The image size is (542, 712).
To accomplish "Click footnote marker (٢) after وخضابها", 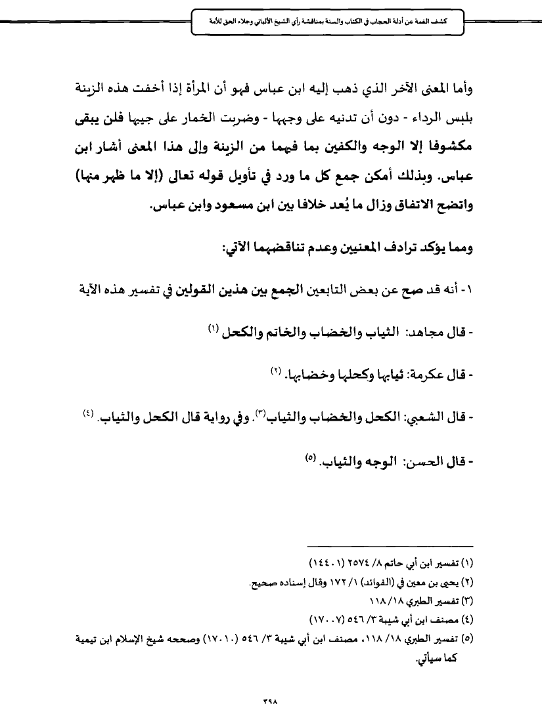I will point(276,372).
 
